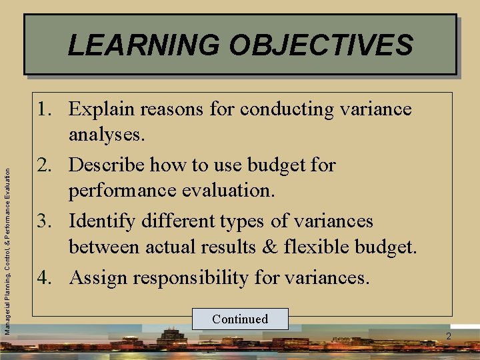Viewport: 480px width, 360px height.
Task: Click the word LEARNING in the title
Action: [x=144, y=45]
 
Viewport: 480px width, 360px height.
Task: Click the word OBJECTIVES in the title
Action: [x=321, y=45]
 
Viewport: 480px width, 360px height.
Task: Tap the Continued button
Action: [x=240, y=319]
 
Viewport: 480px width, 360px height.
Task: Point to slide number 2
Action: [x=449, y=336]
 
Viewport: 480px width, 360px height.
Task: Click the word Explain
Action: [x=101, y=109]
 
